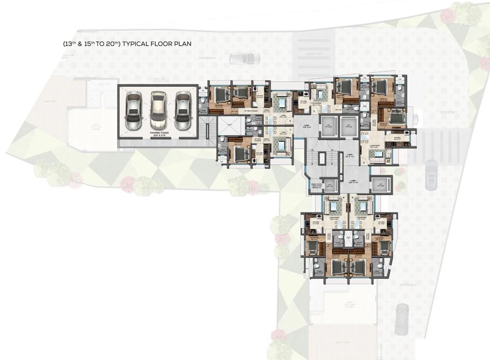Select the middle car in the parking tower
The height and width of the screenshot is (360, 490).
tap(158, 110)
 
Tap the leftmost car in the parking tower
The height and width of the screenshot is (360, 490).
tap(134, 110)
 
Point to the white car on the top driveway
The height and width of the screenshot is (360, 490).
tap(245, 59)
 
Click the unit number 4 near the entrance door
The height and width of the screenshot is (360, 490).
tap(363, 162)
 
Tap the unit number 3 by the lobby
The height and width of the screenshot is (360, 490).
tap(314, 111)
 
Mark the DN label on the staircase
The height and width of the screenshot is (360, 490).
tap(312, 150)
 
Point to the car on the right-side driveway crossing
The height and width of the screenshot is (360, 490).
tap(431, 174)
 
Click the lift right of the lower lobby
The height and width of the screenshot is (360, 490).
tap(381, 185)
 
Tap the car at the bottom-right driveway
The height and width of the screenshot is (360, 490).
tap(401, 319)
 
